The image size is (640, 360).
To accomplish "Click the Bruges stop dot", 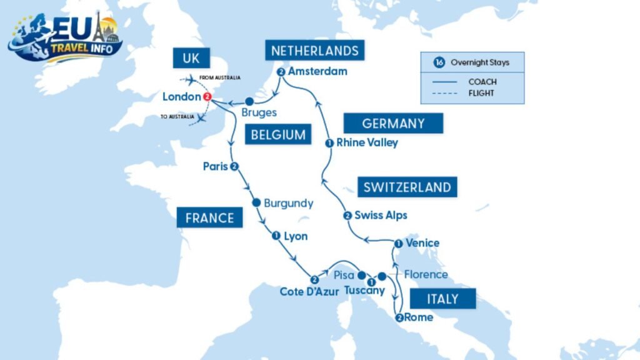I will [249, 101].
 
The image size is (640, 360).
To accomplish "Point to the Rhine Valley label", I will [367, 142].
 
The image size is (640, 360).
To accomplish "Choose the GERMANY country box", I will [393, 123].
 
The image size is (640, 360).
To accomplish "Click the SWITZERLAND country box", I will [407, 187].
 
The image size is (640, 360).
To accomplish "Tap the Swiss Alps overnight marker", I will [347, 216].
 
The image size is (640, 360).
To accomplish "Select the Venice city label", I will [422, 243].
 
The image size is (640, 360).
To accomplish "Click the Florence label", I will [426, 274].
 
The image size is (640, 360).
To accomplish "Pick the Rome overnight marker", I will [399, 317].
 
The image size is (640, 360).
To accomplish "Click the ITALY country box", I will [442, 299].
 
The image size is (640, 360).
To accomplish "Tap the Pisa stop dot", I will [361, 275].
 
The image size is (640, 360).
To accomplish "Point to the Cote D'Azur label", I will [310, 291].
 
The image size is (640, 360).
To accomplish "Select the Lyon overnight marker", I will [276, 236].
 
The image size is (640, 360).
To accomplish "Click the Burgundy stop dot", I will [256, 203].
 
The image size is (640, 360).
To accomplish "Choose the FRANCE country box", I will [209, 217].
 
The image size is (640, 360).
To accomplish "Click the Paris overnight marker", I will [234, 166].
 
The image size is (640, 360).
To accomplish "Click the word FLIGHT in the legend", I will [482, 93].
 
